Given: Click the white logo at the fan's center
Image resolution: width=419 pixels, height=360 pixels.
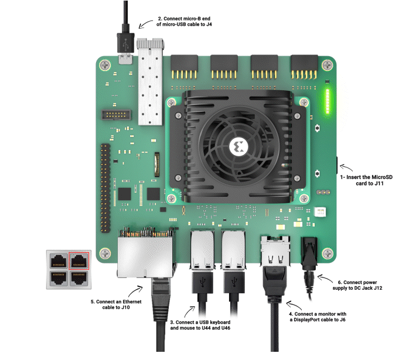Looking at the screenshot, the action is pyautogui.click(x=239, y=146).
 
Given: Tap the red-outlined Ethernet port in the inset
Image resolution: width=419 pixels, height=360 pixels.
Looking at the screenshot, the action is pyautogui.click(x=79, y=260).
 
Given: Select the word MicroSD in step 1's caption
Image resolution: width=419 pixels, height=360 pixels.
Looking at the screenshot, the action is pyautogui.click(x=383, y=177).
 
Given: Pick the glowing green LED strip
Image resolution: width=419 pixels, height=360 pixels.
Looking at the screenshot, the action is pyautogui.click(x=328, y=101).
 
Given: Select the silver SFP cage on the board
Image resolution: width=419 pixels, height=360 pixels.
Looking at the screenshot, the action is pyautogui.click(x=150, y=82).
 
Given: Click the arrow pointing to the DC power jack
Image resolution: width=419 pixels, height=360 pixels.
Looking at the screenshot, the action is pyautogui.click(x=325, y=279).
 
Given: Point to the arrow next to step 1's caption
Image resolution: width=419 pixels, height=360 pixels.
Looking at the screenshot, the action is pyautogui.click(x=346, y=167).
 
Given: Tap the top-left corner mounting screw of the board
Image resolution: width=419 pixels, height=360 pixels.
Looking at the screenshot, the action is pyautogui.click(x=105, y=65).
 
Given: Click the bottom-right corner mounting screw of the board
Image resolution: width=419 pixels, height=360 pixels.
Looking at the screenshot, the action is pyautogui.click(x=328, y=253).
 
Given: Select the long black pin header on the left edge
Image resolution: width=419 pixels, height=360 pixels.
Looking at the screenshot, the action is pyautogui.click(x=105, y=188).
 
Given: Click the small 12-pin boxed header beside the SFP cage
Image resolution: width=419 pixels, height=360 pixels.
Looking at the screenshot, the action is pyautogui.click(x=116, y=115).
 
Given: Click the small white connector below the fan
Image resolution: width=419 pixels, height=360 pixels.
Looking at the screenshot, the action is pyautogui.click(x=320, y=212).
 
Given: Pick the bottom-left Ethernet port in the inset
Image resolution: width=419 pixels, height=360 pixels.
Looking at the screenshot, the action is pyautogui.click(x=59, y=278).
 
